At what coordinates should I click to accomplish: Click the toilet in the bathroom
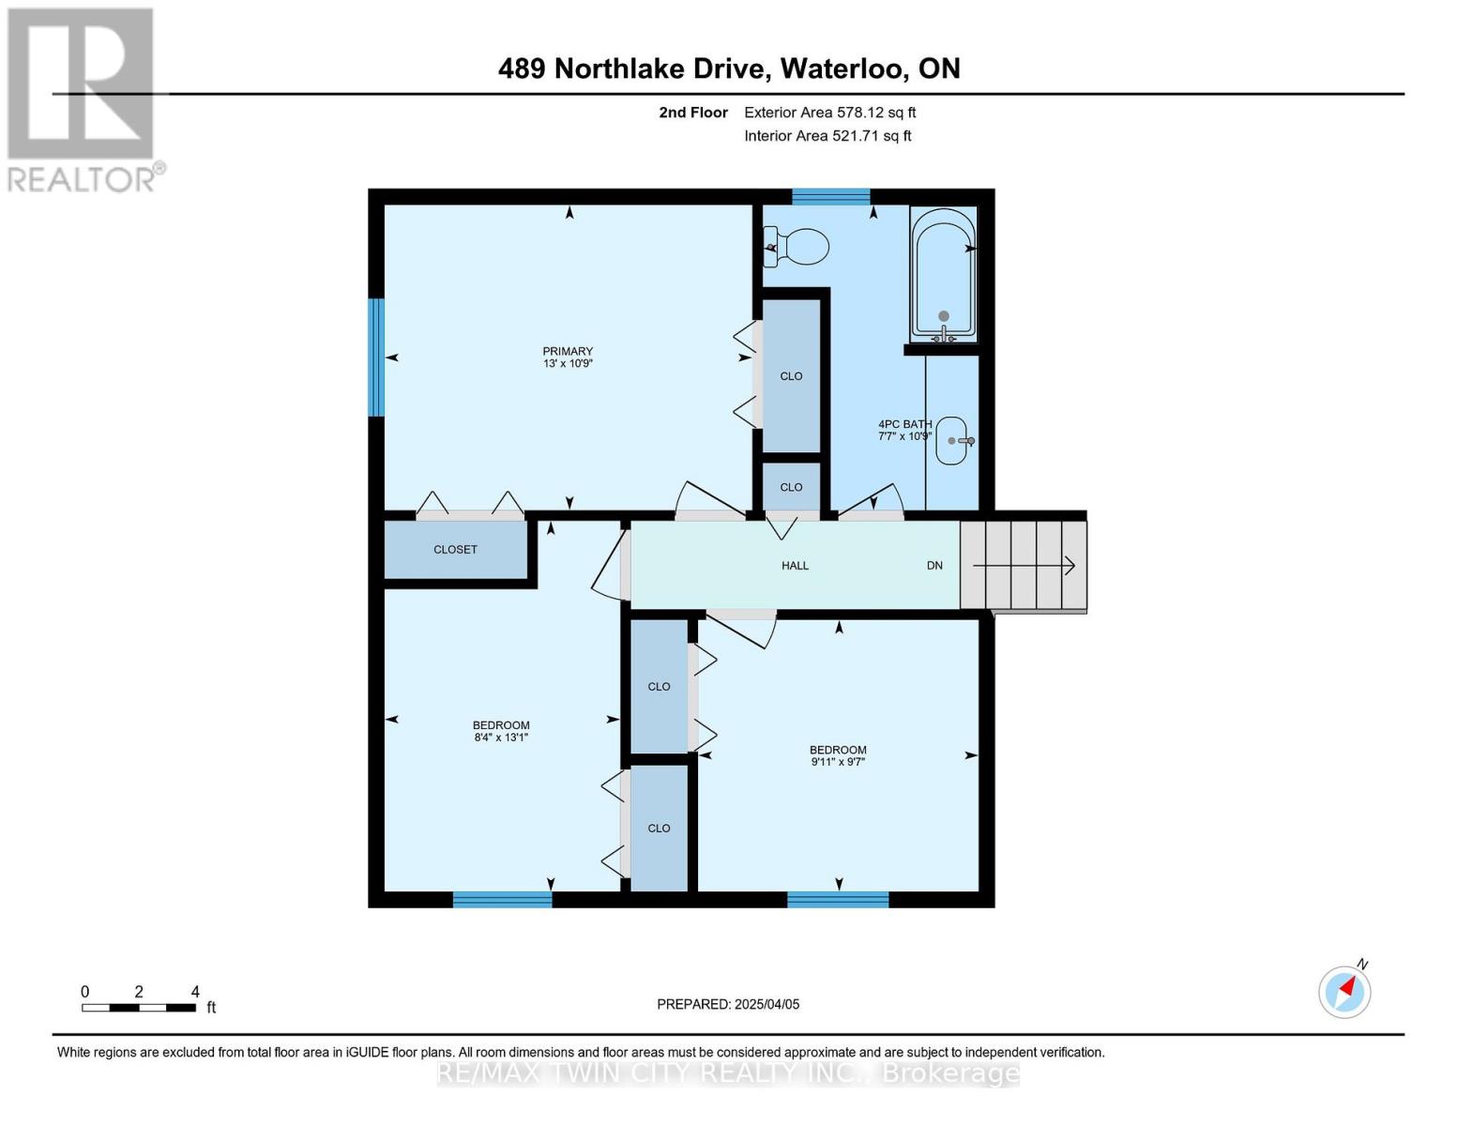(798, 248)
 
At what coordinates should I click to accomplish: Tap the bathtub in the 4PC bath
(943, 274)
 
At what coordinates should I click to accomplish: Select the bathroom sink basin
(952, 440)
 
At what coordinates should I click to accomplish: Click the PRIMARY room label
(568, 351)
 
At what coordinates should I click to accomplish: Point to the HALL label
(795, 565)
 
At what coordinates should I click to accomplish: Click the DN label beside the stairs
(934, 565)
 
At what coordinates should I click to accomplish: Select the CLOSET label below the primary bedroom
(455, 549)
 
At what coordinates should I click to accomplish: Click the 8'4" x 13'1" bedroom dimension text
(501, 738)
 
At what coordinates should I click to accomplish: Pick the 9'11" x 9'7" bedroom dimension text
(838, 762)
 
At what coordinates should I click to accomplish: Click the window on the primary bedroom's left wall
(376, 357)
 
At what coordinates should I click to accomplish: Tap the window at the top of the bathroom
(830, 196)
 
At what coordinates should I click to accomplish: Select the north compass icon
(1344, 991)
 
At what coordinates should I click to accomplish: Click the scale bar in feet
(139, 1007)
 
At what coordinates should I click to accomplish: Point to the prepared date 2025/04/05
(728, 1004)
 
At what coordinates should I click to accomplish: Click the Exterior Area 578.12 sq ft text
(829, 113)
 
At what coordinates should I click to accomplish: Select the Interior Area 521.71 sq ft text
(827, 136)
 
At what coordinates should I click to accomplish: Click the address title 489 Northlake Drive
(728, 68)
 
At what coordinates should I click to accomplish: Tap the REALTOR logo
(83, 99)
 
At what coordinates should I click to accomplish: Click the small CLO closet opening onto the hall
(791, 487)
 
